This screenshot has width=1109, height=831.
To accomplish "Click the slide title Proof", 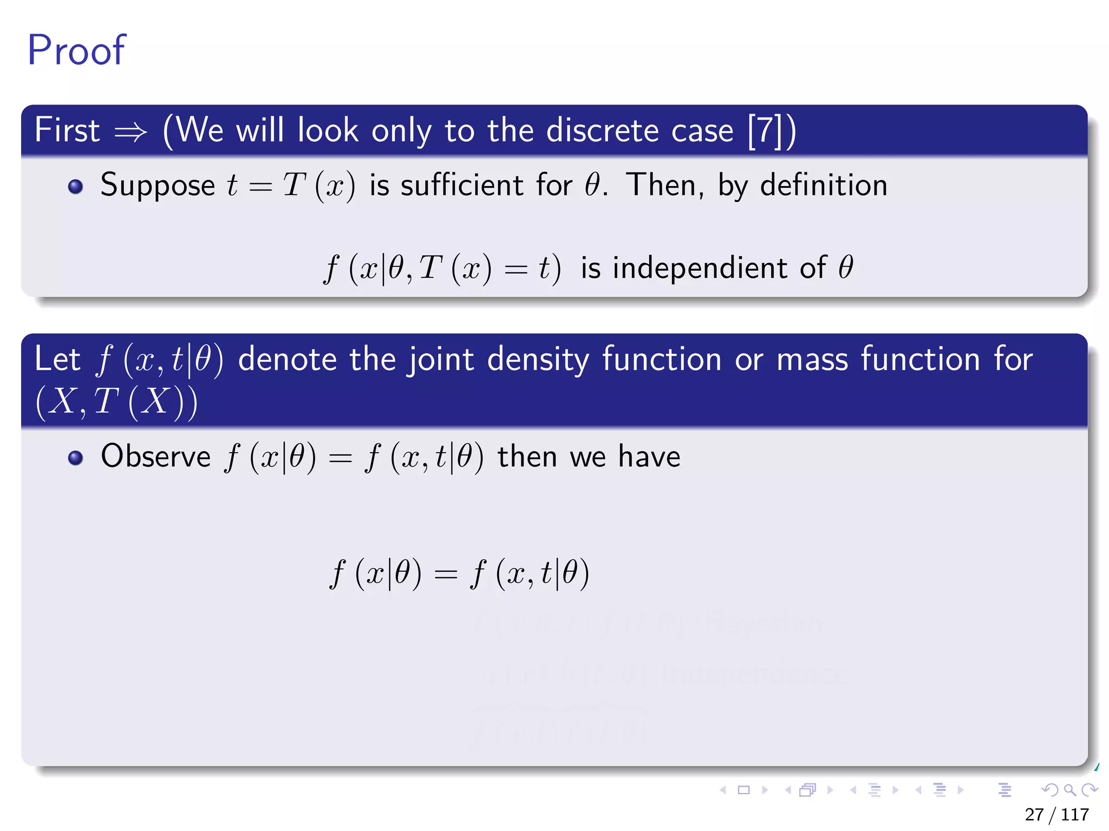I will click(x=76, y=50).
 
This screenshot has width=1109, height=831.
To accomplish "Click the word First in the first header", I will click(x=67, y=130).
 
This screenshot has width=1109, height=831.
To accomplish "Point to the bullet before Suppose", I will click(x=75, y=187).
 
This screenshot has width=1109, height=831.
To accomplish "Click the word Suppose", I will click(x=158, y=186).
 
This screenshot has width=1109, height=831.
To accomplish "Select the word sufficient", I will click(x=461, y=186).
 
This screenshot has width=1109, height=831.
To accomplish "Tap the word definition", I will click(x=824, y=186).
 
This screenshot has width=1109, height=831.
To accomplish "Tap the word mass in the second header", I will click(x=812, y=359).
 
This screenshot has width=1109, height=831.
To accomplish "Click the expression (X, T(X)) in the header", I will click(x=116, y=402).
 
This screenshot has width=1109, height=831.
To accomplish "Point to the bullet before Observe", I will click(x=75, y=458).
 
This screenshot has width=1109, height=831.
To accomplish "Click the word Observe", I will click(x=155, y=456).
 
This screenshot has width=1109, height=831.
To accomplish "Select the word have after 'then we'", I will click(x=649, y=456).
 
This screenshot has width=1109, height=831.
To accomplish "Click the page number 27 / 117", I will click(x=1056, y=814).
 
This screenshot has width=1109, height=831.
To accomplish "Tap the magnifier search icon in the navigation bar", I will click(x=1069, y=790).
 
